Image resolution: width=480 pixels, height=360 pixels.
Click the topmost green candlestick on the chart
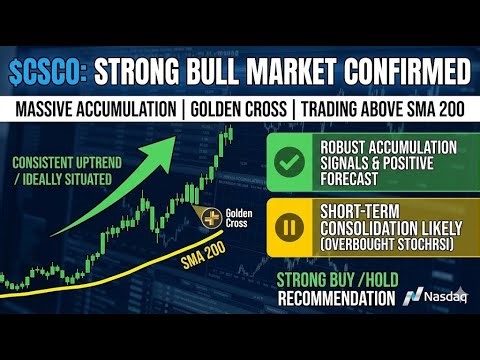230,133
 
